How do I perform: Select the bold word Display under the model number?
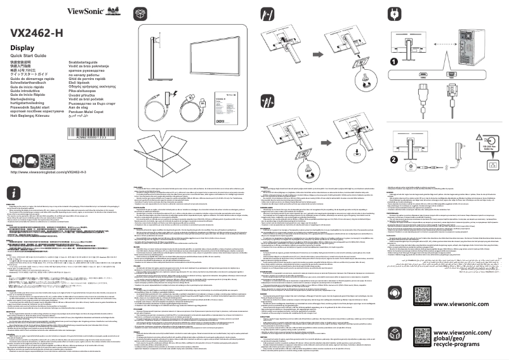[22, 48]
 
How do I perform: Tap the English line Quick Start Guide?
[30, 56]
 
